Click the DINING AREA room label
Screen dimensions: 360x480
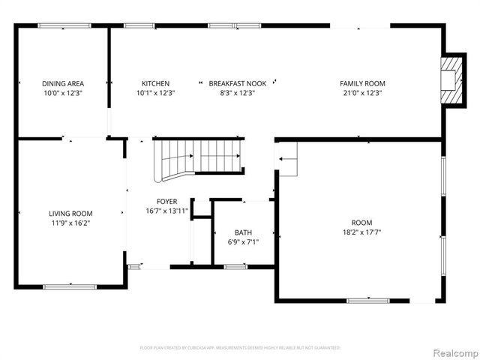(62, 83)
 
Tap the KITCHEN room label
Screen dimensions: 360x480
(155, 83)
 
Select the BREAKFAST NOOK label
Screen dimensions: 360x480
(232, 83)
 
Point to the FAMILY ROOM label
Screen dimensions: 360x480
(361, 83)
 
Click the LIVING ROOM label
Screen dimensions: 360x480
(70, 214)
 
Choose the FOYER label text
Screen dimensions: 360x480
(166, 202)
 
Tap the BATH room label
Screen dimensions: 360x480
(243, 232)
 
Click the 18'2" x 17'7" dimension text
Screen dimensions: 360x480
(361, 232)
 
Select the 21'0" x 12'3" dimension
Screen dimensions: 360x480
(361, 93)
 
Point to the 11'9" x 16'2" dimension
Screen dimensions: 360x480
(70, 223)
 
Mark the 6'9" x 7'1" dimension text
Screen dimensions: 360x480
(243, 241)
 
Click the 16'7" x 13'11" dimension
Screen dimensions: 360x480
(166, 211)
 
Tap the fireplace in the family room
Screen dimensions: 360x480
(451, 79)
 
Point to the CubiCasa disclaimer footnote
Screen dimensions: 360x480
(240, 348)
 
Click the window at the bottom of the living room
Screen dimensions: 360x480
(70, 286)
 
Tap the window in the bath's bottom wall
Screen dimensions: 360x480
(235, 266)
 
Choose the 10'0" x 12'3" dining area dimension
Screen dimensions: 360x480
(62, 93)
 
